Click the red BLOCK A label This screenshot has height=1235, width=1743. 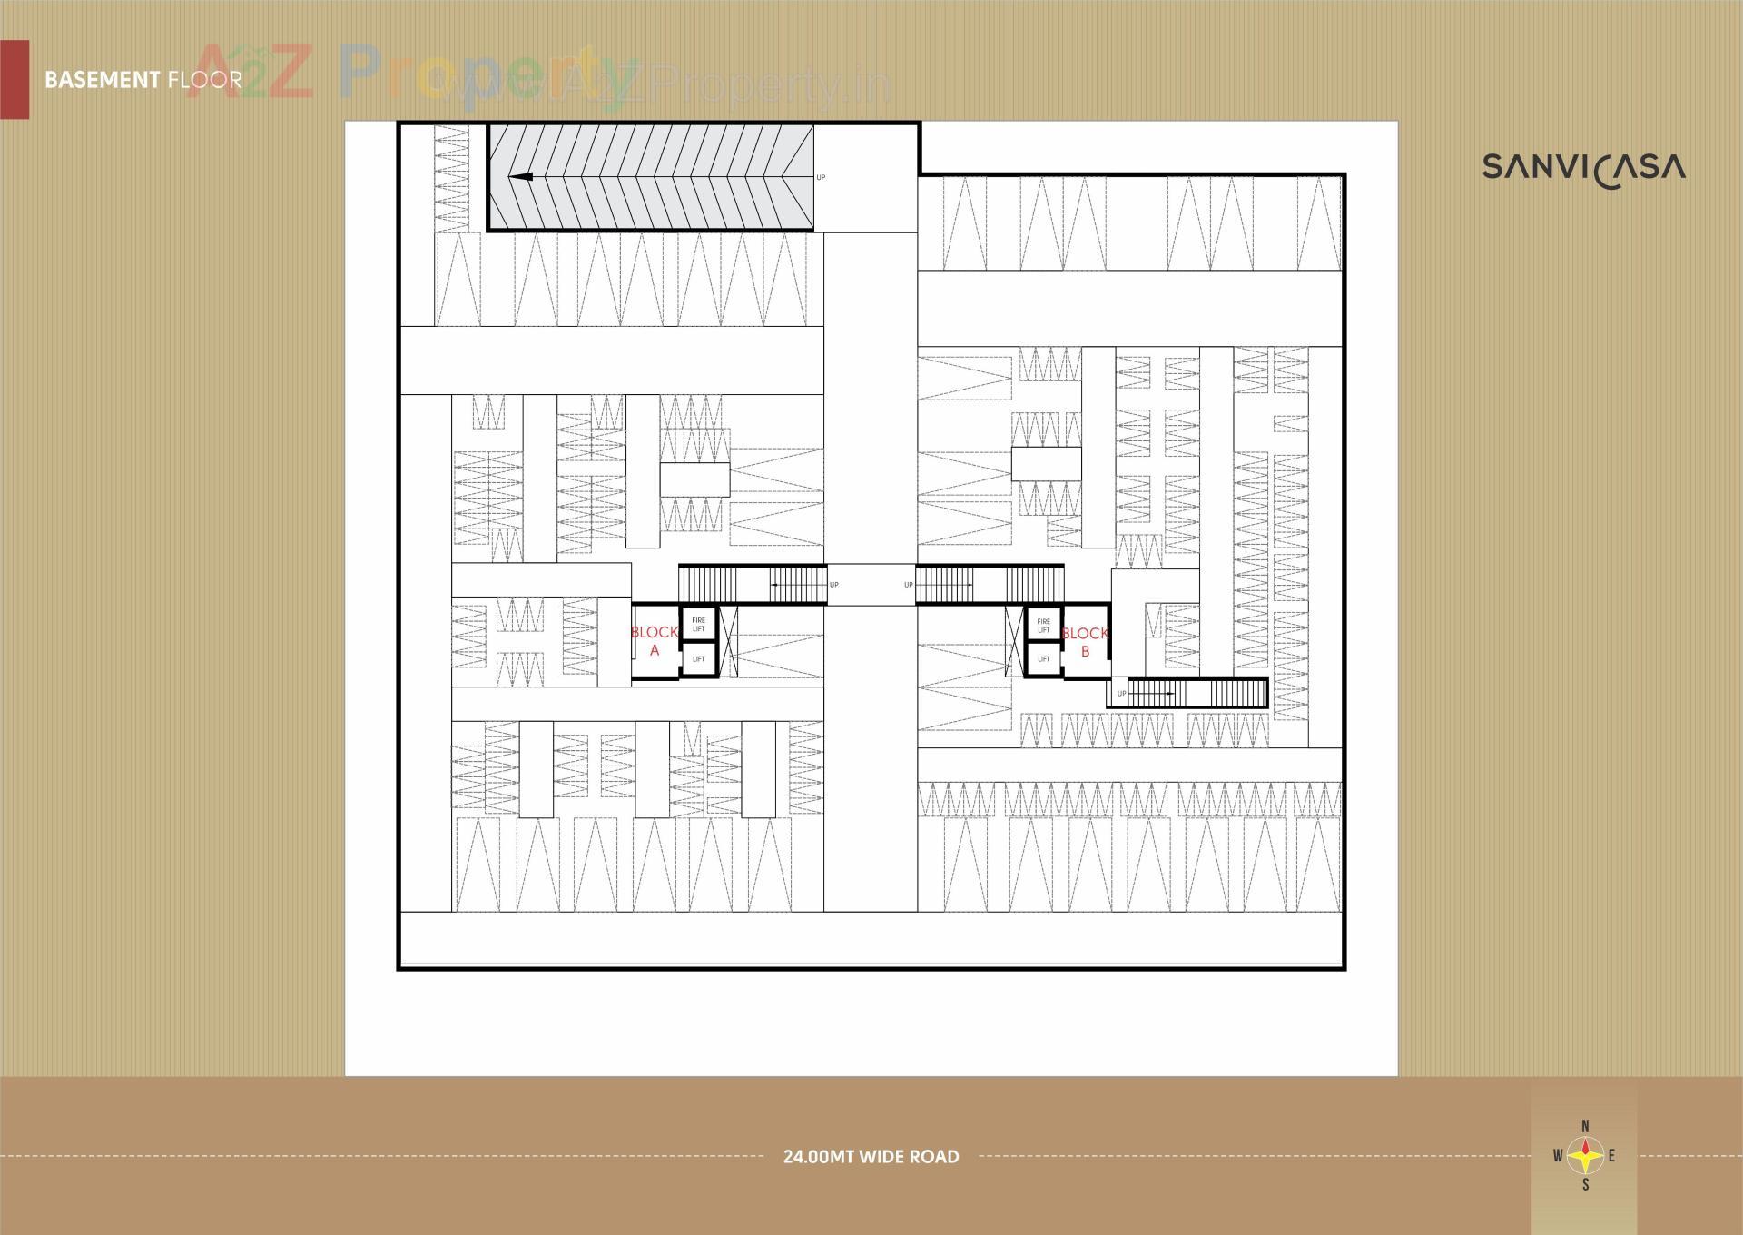[x=654, y=641]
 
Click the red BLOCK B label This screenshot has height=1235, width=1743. [x=1085, y=641]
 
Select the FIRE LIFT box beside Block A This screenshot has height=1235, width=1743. [x=698, y=625]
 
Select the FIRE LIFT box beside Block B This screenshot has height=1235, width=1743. [x=1043, y=625]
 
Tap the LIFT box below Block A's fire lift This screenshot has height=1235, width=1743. [x=698, y=659]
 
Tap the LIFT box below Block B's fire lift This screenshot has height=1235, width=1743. [x=1043, y=659]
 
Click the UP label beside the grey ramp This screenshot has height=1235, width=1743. [x=821, y=177]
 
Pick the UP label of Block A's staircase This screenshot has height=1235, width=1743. [x=833, y=585]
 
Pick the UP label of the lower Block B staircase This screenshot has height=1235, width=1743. [x=1121, y=694]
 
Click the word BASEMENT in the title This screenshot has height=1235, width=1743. [x=102, y=80]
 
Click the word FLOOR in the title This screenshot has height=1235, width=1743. [x=205, y=80]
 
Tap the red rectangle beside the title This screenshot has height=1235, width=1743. [x=15, y=80]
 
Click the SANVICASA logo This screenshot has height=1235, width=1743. [x=1583, y=168]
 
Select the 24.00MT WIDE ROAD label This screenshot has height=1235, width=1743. [x=871, y=1157]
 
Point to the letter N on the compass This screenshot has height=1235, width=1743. [x=1585, y=1127]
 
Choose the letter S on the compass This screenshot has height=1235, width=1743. [x=1585, y=1185]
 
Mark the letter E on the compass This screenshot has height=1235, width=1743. [x=1611, y=1156]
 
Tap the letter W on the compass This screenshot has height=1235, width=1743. [x=1558, y=1156]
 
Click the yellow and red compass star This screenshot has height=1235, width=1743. [x=1585, y=1156]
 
